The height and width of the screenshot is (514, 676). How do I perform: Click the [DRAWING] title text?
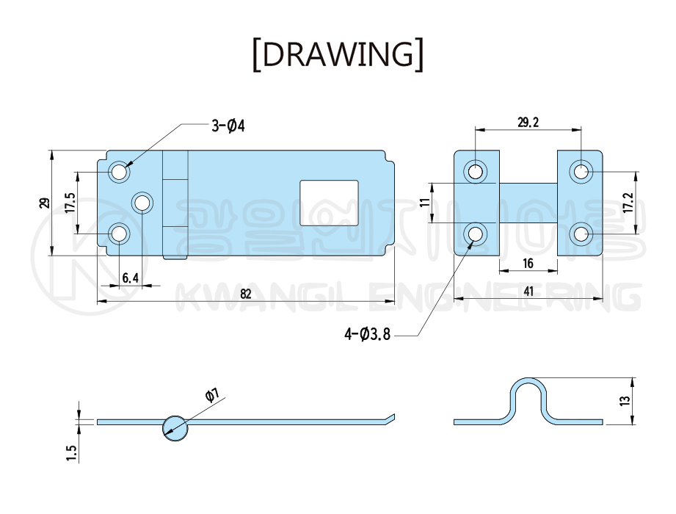pyautogui.click(x=338, y=54)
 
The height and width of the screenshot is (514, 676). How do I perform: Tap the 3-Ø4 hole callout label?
pyautogui.click(x=228, y=126)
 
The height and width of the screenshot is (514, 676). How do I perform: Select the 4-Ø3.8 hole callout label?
pyautogui.click(x=367, y=334)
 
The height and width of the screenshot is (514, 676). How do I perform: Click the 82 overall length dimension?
pyautogui.click(x=246, y=294)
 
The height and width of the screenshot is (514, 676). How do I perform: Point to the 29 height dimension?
pyautogui.click(x=44, y=203)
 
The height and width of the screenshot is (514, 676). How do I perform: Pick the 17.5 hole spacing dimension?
pyautogui.click(x=70, y=203)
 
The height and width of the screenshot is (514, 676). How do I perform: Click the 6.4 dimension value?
pyautogui.click(x=130, y=278)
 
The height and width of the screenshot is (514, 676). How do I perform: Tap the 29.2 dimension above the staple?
pyautogui.click(x=528, y=123)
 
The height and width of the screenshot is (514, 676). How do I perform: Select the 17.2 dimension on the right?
pyautogui.click(x=630, y=203)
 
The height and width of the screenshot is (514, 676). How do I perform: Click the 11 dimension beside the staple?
pyautogui.click(x=426, y=203)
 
